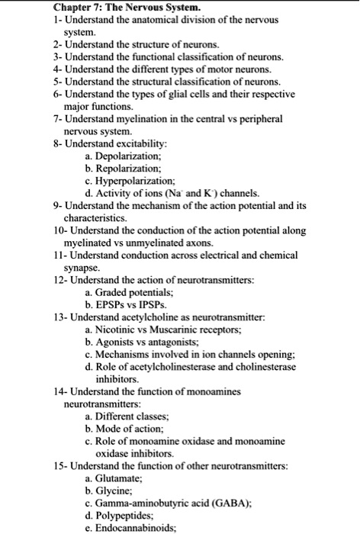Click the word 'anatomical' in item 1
click(146, 21)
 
